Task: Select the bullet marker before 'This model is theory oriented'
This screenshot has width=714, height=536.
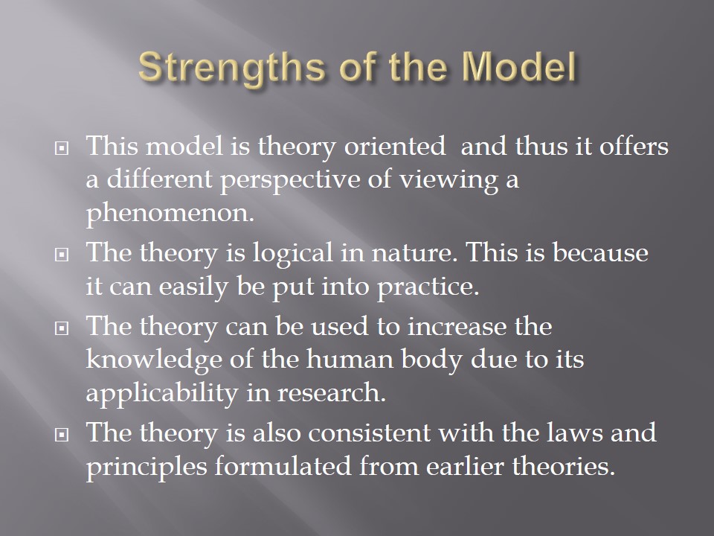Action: pyautogui.click(x=62, y=148)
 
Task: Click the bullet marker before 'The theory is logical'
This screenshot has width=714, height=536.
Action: pyautogui.click(x=62, y=255)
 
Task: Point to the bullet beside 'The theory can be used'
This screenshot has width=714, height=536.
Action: pyautogui.click(x=62, y=328)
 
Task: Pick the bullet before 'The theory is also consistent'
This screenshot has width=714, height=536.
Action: pyautogui.click(x=62, y=435)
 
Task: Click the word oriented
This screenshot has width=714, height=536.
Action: pyautogui.click(x=394, y=147)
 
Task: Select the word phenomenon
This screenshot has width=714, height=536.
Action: pyautogui.click(x=170, y=213)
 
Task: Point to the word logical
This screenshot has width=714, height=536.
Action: pyautogui.click(x=292, y=253)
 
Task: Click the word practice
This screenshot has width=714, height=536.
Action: pyautogui.click(x=428, y=287)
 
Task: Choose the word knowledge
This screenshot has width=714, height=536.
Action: pyautogui.click(x=154, y=360)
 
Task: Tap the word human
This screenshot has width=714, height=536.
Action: pyautogui.click(x=350, y=359)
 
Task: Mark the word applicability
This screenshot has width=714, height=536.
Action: pyautogui.click(x=161, y=393)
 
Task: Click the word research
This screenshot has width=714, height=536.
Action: pyautogui.click(x=332, y=393)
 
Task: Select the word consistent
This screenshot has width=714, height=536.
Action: pyautogui.click(x=369, y=433)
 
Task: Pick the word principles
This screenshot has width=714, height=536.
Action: pyautogui.click(x=147, y=467)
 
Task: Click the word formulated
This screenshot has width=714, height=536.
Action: pyautogui.click(x=283, y=466)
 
